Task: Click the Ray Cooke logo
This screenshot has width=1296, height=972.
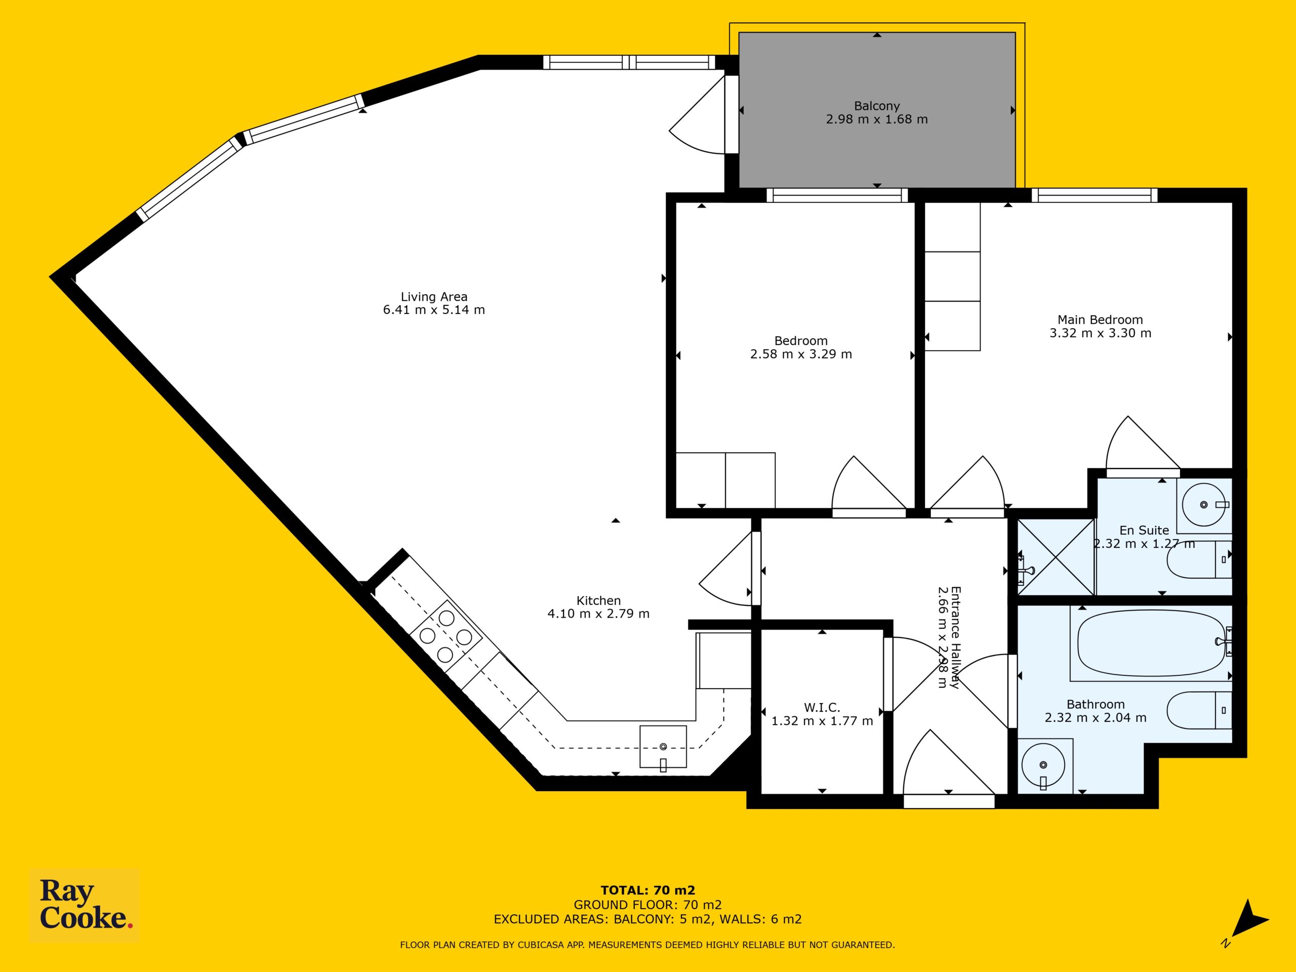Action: pyautogui.click(x=85, y=905)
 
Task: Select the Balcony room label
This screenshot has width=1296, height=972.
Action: pyautogui.click(x=876, y=106)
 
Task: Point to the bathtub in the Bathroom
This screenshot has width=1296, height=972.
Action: pyautogui.click(x=1151, y=643)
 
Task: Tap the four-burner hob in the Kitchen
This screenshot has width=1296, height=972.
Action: pyautogui.click(x=446, y=636)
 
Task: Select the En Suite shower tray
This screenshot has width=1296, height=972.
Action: pyautogui.click(x=1055, y=556)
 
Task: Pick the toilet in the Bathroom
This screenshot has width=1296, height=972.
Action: pyautogui.click(x=1199, y=711)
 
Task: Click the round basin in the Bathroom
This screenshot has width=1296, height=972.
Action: pyautogui.click(x=1043, y=765)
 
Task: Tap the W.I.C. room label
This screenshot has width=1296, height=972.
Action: pyautogui.click(x=822, y=708)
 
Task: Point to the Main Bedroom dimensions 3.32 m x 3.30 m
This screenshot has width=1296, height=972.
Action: pyautogui.click(x=1100, y=333)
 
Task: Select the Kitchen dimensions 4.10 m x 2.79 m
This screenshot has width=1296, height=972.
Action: pyautogui.click(x=598, y=614)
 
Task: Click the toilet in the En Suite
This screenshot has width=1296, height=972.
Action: pyautogui.click(x=1199, y=559)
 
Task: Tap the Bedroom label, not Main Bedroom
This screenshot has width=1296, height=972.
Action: pyautogui.click(x=801, y=340)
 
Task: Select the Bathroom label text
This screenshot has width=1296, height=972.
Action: pyautogui.click(x=1096, y=704)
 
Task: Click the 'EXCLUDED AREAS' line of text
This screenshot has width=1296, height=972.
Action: pyautogui.click(x=647, y=919)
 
